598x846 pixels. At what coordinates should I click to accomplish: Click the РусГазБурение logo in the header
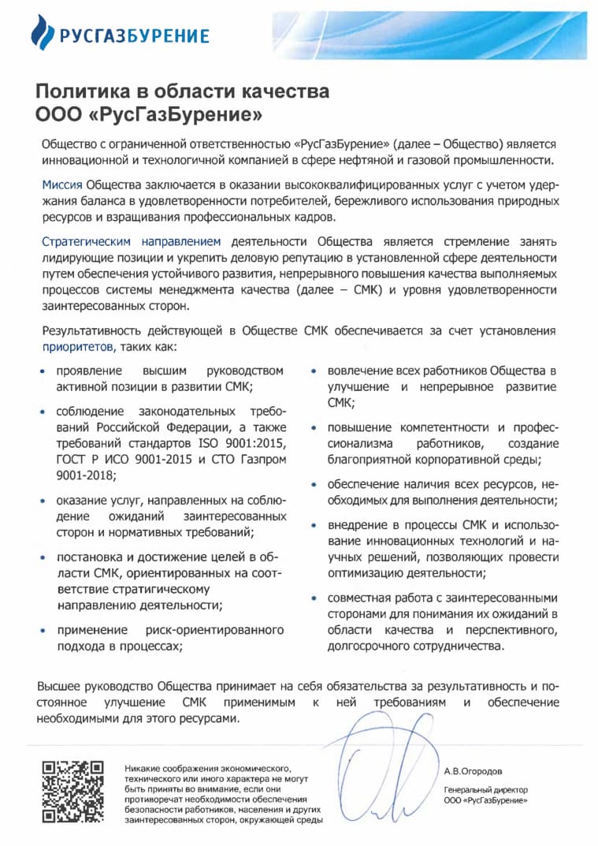pyautogui.click(x=120, y=34)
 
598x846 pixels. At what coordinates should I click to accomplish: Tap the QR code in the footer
pyautogui.click(x=73, y=791)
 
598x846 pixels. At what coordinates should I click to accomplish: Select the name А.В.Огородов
pyautogui.click(x=473, y=771)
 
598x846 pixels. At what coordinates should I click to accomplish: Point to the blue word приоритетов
pyautogui.click(x=79, y=346)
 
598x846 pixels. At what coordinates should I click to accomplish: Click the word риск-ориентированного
pyautogui.click(x=215, y=630)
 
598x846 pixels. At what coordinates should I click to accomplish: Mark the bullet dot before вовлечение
pyautogui.click(x=315, y=371)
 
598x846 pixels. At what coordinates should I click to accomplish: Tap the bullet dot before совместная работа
pyautogui.click(x=315, y=598)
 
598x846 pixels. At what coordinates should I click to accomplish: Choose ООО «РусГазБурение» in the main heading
pyautogui.click(x=149, y=114)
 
